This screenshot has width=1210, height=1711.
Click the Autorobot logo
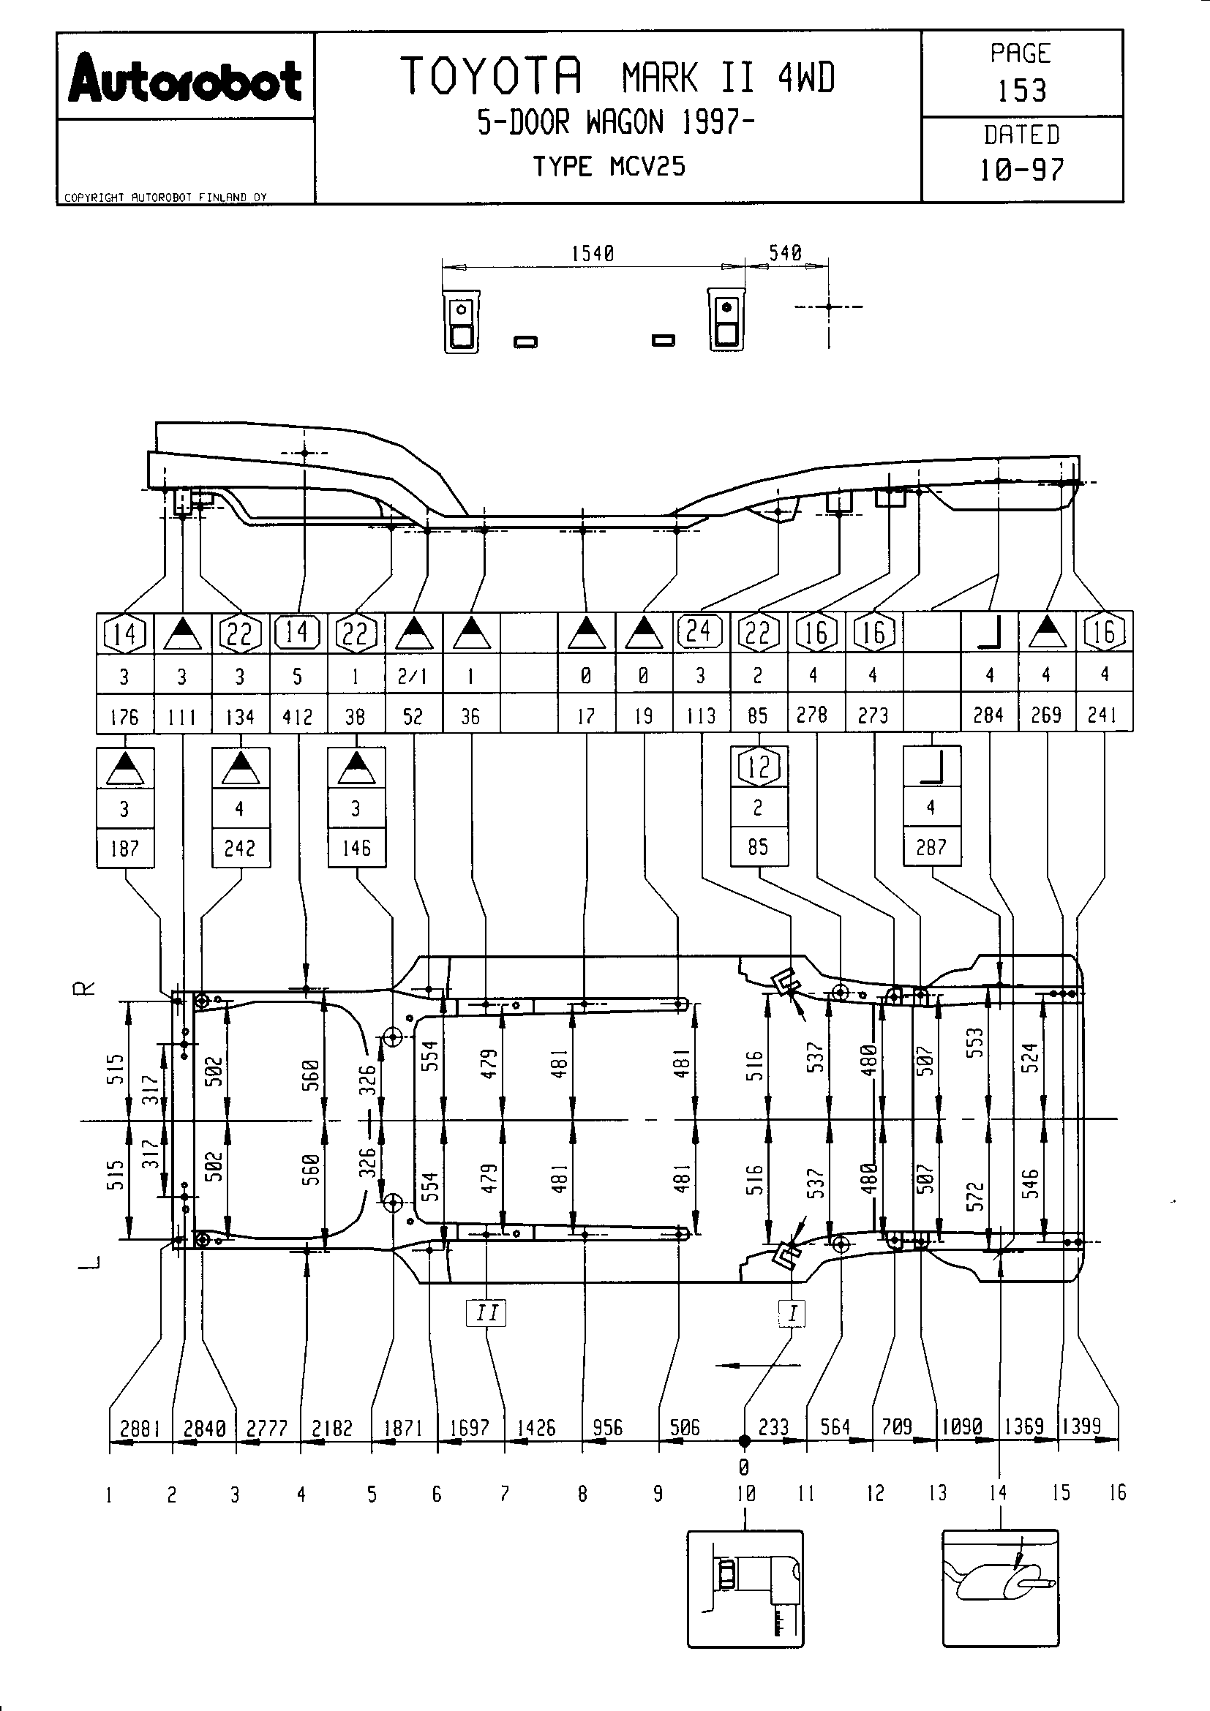tap(185, 77)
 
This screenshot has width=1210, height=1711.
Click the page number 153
tap(1021, 91)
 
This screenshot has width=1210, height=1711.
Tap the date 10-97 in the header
tap(1021, 170)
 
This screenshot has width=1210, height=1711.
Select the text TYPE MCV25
tap(609, 166)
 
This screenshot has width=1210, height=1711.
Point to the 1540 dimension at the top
tap(593, 253)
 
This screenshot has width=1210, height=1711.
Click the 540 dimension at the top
tap(785, 252)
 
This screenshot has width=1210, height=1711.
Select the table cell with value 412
tap(297, 717)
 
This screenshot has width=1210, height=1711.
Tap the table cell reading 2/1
tap(413, 676)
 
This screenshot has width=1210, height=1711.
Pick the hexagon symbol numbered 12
tap(759, 766)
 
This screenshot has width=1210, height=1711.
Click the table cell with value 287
tap(931, 847)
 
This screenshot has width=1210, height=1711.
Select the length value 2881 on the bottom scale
tap(140, 1428)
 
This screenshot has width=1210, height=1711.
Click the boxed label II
tap(486, 1312)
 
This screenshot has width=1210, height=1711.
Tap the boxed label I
tap(792, 1312)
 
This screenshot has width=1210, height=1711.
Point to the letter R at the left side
tap(87, 989)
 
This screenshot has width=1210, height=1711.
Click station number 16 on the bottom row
tap(1117, 1493)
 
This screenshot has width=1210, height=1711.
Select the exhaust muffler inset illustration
tap(1000, 1588)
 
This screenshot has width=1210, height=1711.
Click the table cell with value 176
tap(124, 717)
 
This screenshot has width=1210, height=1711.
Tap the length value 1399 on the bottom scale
tap(1081, 1426)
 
